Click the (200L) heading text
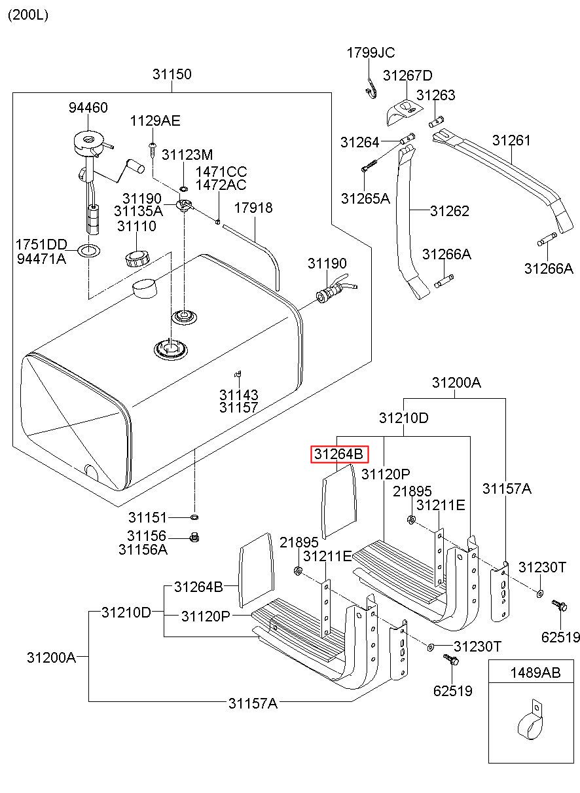pos(28,15)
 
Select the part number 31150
pos(172,74)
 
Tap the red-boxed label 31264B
pos(339,454)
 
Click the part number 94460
pos(88,107)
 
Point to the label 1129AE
pos(155,121)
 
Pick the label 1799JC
pos(371,53)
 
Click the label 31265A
pos(365,198)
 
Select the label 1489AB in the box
pos(535,673)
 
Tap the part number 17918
pos(253,208)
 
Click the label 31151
pos(147,517)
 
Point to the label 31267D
pos(408,75)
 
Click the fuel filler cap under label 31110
pos(137,259)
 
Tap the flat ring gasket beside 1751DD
pos(88,251)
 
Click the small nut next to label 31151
pos(194,517)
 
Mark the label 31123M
pos(187,155)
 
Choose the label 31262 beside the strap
pos(450,211)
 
